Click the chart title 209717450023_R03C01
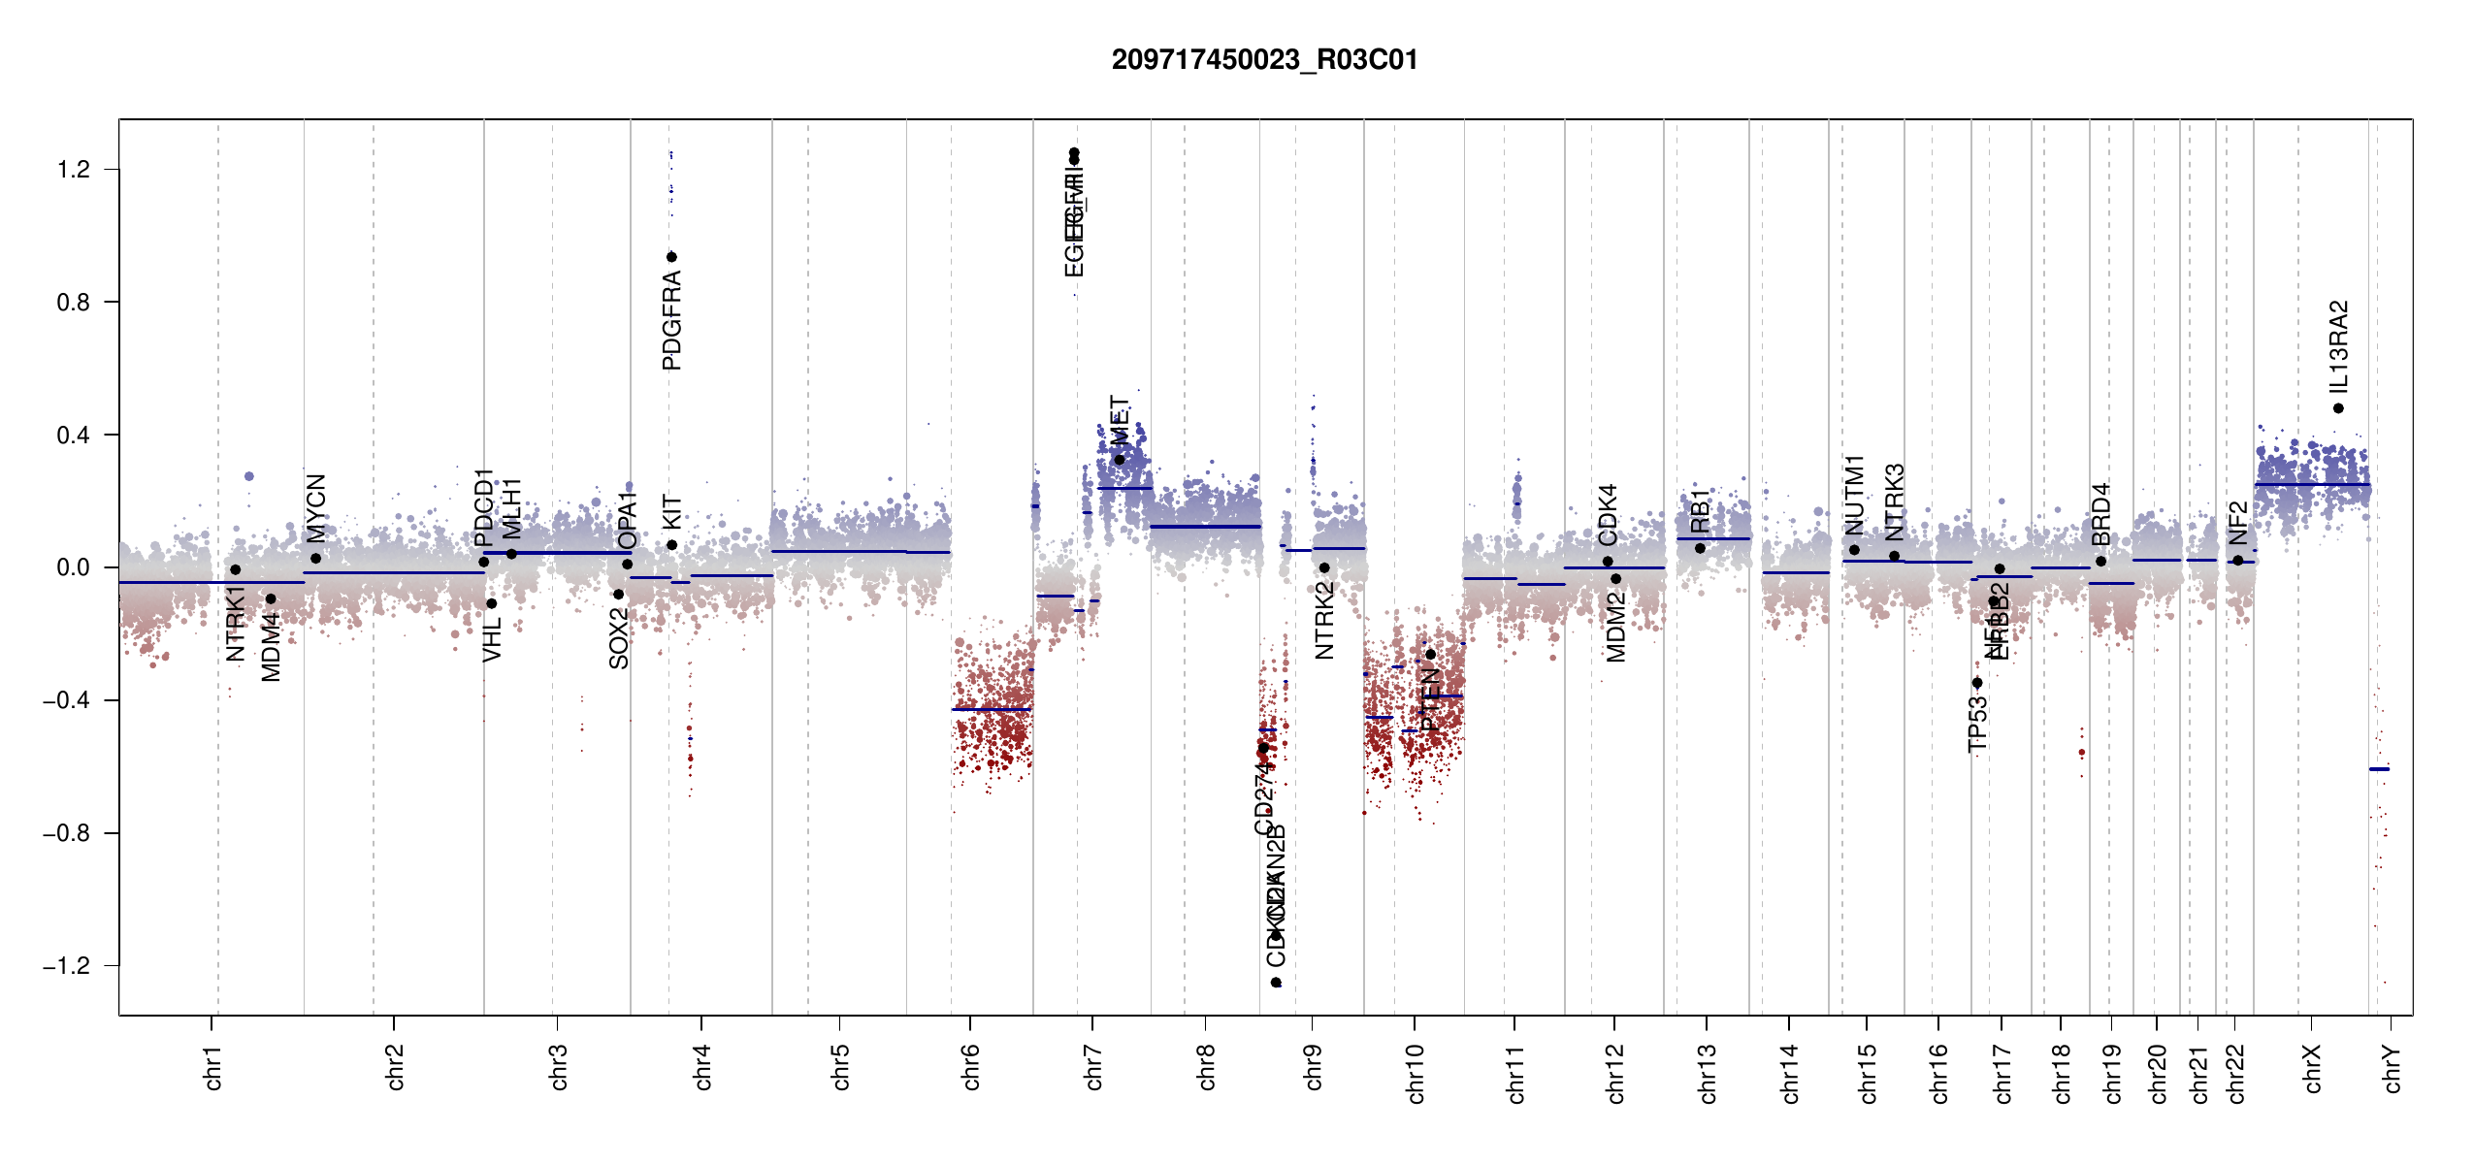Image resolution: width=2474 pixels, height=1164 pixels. tap(1264, 60)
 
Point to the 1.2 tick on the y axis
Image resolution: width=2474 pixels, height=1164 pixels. tap(74, 170)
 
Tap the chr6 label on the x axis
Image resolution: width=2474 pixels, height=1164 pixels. tap(971, 1067)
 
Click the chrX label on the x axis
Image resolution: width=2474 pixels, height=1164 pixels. tap(2313, 1069)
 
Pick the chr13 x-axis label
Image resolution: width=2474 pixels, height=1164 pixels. tap(1708, 1073)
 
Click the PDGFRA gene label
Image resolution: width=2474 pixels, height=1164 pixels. tap(671, 320)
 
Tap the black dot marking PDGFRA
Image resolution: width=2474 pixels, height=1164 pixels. tap(671, 257)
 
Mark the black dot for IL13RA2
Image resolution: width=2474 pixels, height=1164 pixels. tap(2339, 408)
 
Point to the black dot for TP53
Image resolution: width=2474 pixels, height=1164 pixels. tap(1977, 683)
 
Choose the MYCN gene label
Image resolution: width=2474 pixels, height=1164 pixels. tap(316, 507)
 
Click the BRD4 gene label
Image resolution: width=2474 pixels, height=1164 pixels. tap(2101, 514)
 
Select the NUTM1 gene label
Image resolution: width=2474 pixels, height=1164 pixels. tap(1855, 495)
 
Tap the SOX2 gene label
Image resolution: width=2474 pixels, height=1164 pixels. tap(619, 638)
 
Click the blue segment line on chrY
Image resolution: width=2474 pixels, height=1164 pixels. tap(2379, 769)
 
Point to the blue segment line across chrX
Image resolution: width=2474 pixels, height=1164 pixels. tap(2312, 484)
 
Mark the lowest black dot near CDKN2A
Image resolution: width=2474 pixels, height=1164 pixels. tap(1277, 983)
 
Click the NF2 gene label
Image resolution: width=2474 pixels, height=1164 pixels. tap(2238, 524)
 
